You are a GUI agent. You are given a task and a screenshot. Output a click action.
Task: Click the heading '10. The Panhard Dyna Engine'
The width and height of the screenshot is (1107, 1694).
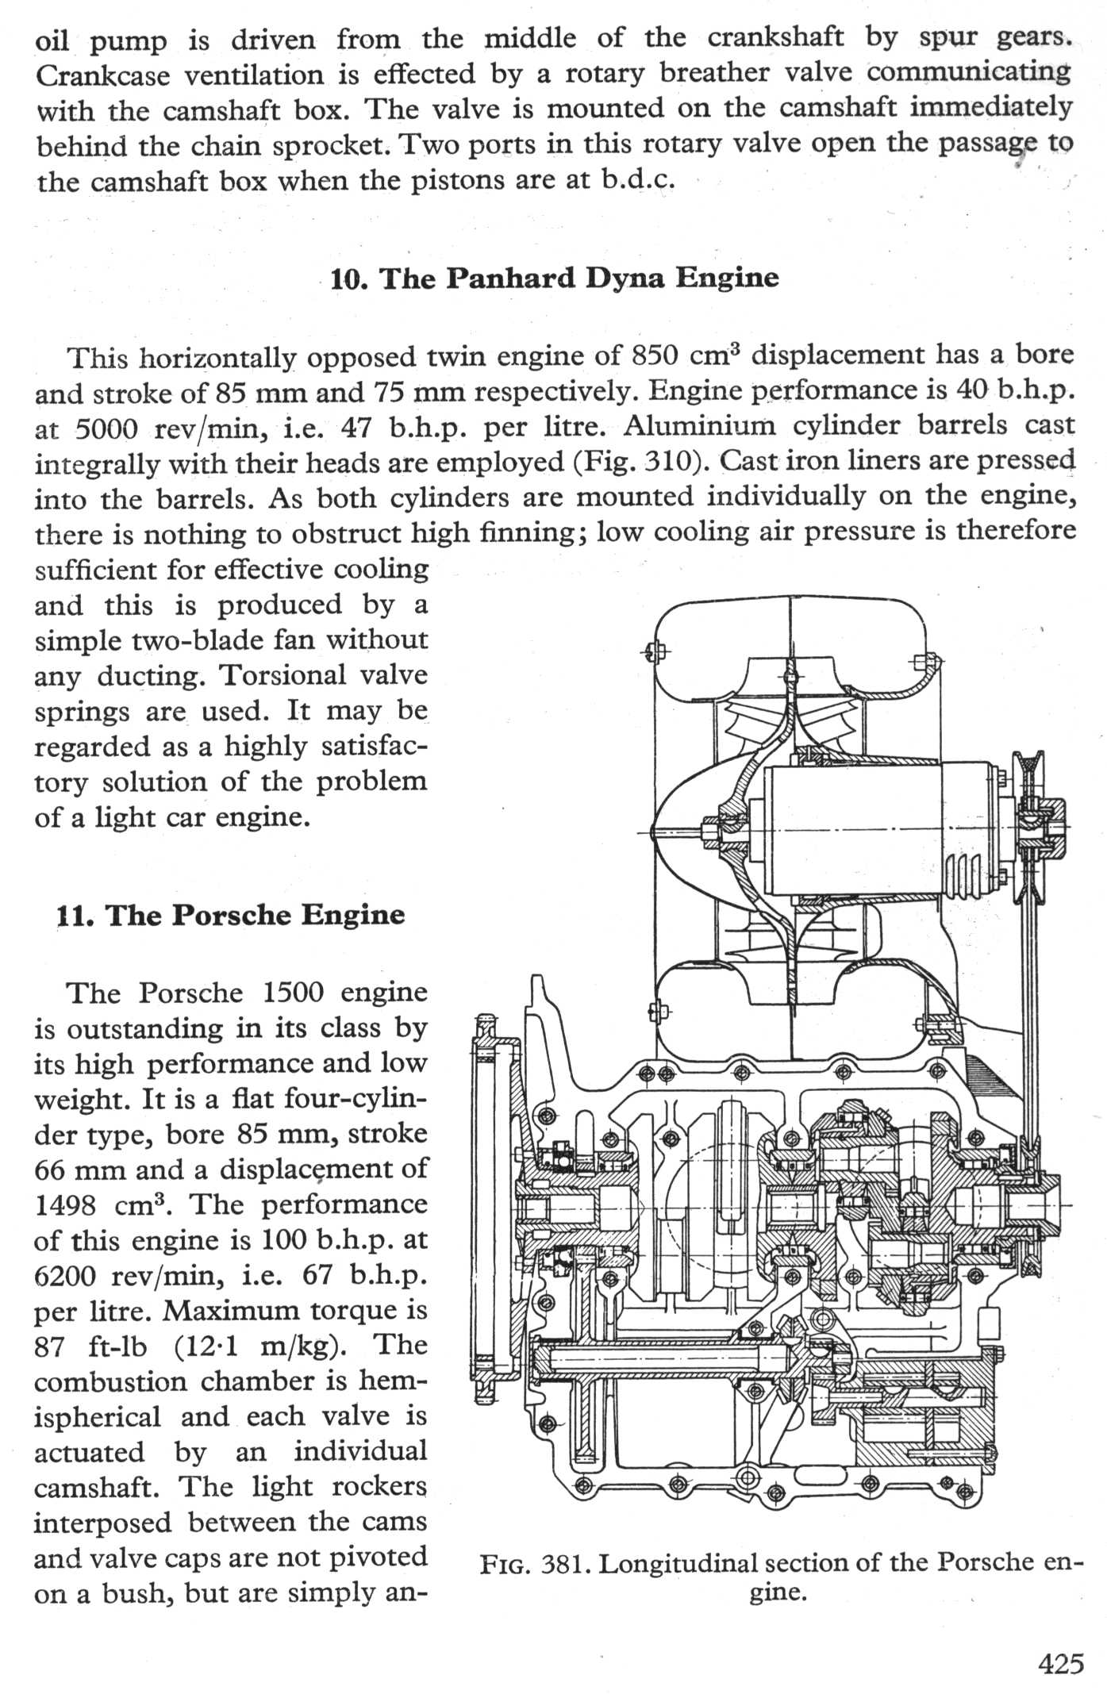[555, 278]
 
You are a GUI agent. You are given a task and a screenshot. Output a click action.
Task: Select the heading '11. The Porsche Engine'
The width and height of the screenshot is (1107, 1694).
[231, 915]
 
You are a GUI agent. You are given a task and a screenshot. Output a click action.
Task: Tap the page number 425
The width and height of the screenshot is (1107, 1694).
[1060, 1662]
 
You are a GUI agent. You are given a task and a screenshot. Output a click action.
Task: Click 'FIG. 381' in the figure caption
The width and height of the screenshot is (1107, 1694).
[536, 1564]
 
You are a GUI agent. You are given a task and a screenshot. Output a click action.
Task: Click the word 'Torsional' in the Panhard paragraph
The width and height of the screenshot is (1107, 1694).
[283, 675]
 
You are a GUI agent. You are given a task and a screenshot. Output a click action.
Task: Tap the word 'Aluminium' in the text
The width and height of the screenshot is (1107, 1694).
[698, 426]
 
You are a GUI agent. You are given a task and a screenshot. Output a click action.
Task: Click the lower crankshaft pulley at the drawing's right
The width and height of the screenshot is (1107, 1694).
[1032, 1205]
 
